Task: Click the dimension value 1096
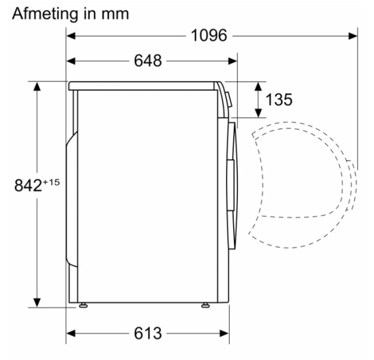(209, 35)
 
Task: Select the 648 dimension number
(148, 61)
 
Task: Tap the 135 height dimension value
(279, 100)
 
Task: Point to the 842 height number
(28, 185)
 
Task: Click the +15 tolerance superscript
(51, 182)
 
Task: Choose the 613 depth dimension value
(148, 333)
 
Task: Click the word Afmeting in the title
(45, 14)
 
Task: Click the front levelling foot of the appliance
(206, 305)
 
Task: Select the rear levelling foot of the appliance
(83, 305)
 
